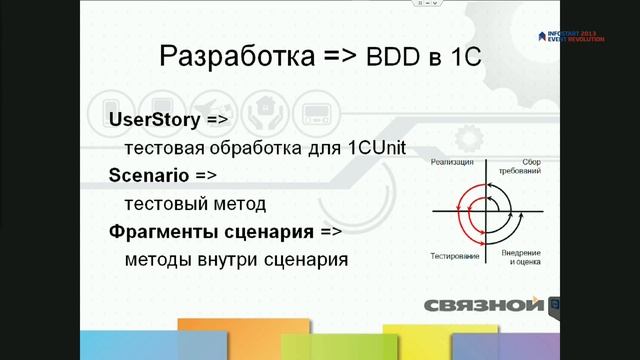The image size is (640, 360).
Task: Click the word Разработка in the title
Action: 236,57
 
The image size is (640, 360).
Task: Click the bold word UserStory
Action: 153,118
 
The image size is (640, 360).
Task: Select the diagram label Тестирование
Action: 453,256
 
